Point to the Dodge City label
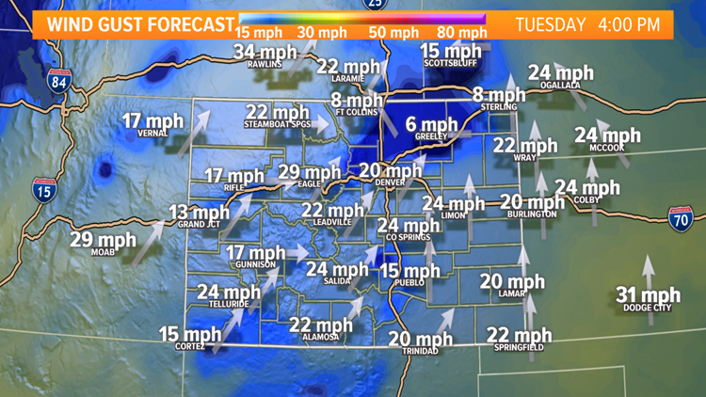[647, 309]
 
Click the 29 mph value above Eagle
[310, 171]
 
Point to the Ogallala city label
[559, 85]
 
